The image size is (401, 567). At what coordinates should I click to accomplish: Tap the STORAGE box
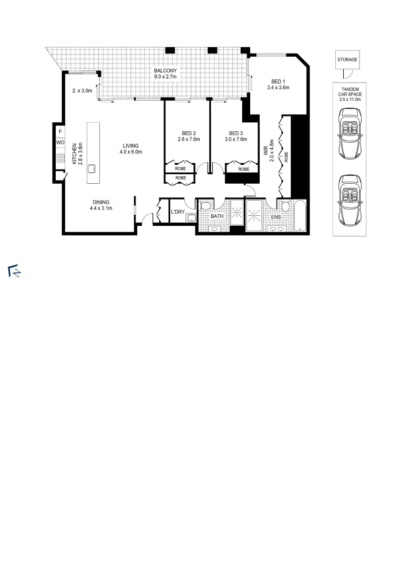(x=347, y=60)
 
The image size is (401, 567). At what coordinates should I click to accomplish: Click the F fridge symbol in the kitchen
(x=60, y=131)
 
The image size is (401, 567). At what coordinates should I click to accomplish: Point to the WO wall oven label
(x=60, y=143)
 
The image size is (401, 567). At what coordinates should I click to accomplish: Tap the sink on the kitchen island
(x=92, y=169)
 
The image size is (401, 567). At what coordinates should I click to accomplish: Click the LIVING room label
(x=131, y=146)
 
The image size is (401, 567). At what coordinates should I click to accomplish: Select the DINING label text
(x=101, y=202)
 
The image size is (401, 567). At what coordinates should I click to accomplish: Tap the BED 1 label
(x=278, y=81)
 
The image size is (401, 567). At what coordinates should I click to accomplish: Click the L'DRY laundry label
(x=178, y=212)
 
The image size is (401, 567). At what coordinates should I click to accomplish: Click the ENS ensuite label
(x=275, y=216)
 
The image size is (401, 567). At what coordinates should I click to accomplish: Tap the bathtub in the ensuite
(x=299, y=215)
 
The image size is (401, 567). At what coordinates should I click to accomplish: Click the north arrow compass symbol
(x=14, y=271)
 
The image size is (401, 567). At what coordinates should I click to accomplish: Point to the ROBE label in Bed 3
(x=243, y=169)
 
